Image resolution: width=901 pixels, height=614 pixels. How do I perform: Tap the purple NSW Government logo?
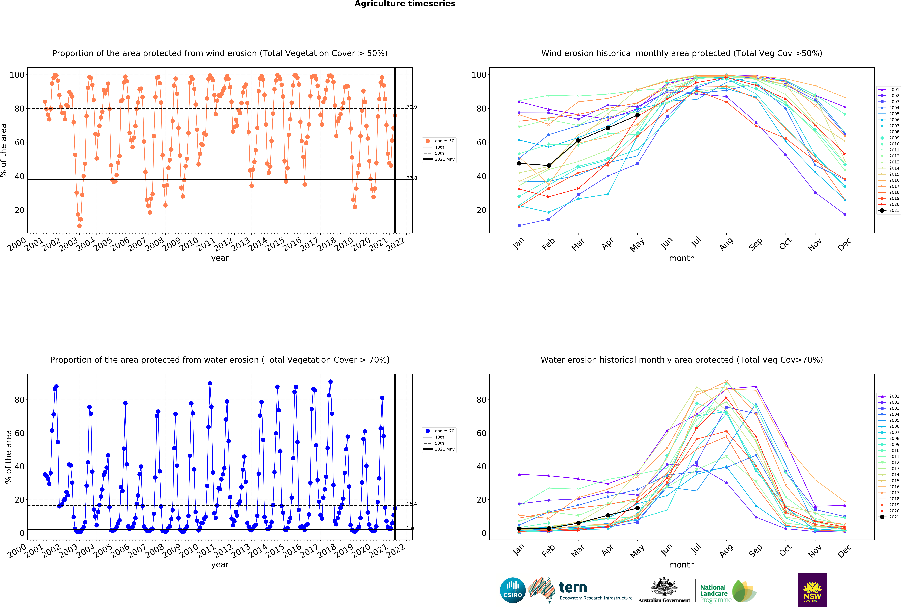coord(812,590)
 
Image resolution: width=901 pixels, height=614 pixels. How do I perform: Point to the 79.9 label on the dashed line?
coord(412,107)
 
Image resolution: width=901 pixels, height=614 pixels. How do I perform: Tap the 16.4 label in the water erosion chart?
coord(412,504)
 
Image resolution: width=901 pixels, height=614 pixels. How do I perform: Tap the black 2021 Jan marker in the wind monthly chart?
coord(519,163)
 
